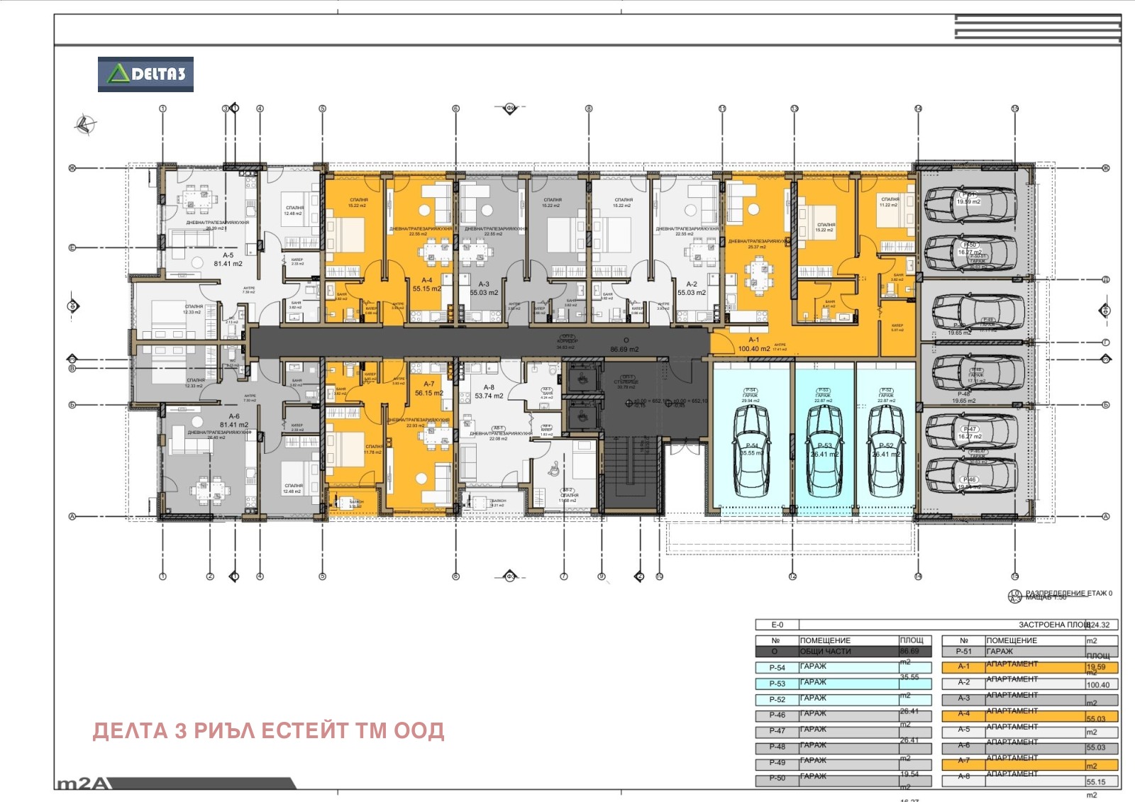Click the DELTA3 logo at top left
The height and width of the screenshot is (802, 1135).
point(145,74)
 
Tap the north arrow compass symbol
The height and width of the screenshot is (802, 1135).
point(85,124)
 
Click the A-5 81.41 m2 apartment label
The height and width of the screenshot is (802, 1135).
point(228,260)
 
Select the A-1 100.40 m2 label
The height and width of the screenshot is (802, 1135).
point(753,345)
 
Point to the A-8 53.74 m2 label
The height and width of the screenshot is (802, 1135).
point(489,392)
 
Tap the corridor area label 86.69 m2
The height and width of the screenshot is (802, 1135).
point(624,349)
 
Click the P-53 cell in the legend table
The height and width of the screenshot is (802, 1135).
point(777,684)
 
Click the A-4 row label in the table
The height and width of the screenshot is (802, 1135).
point(963,714)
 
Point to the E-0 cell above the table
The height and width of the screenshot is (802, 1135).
point(777,625)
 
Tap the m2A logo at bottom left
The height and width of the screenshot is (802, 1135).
point(84,784)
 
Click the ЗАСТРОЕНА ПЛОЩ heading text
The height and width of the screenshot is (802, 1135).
point(1053,625)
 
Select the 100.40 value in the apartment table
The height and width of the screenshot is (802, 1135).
point(1097,685)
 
